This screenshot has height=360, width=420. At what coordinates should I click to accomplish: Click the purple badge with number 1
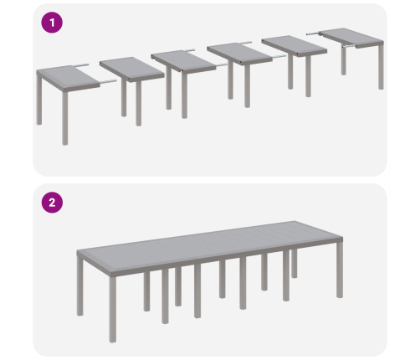[x=52, y=23]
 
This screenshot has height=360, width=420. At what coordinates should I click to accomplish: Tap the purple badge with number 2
[x=52, y=203]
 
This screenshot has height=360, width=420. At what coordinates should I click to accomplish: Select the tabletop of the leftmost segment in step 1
[x=68, y=78]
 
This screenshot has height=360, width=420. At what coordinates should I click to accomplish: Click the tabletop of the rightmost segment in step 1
[x=352, y=38]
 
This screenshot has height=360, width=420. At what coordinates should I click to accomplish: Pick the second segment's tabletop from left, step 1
[x=132, y=69]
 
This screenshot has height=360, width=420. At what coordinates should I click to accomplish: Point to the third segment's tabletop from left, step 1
[x=183, y=61]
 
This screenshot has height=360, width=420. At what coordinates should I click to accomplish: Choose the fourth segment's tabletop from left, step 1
[x=239, y=53]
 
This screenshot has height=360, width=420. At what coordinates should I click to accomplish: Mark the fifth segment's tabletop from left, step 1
[x=295, y=45]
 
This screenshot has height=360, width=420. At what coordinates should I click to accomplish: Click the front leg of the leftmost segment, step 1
[x=65, y=118]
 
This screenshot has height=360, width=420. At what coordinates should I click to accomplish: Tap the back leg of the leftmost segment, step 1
[x=39, y=100]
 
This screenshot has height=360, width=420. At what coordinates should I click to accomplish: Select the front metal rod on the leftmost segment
[x=108, y=82]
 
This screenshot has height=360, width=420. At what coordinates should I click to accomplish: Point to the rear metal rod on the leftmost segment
[x=80, y=65]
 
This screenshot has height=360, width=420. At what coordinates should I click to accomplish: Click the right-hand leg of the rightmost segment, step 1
[x=381, y=67]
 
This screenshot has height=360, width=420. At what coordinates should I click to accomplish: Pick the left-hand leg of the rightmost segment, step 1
[x=344, y=61]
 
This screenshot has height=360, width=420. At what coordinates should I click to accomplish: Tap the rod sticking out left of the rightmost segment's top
[x=314, y=33]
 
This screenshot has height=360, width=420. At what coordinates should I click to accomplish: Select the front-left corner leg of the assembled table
[x=113, y=309]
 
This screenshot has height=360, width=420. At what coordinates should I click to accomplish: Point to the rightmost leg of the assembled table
[x=340, y=270]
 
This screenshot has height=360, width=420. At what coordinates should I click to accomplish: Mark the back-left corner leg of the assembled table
[x=79, y=287]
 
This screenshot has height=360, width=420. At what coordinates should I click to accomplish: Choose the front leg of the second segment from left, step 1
[x=139, y=104]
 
